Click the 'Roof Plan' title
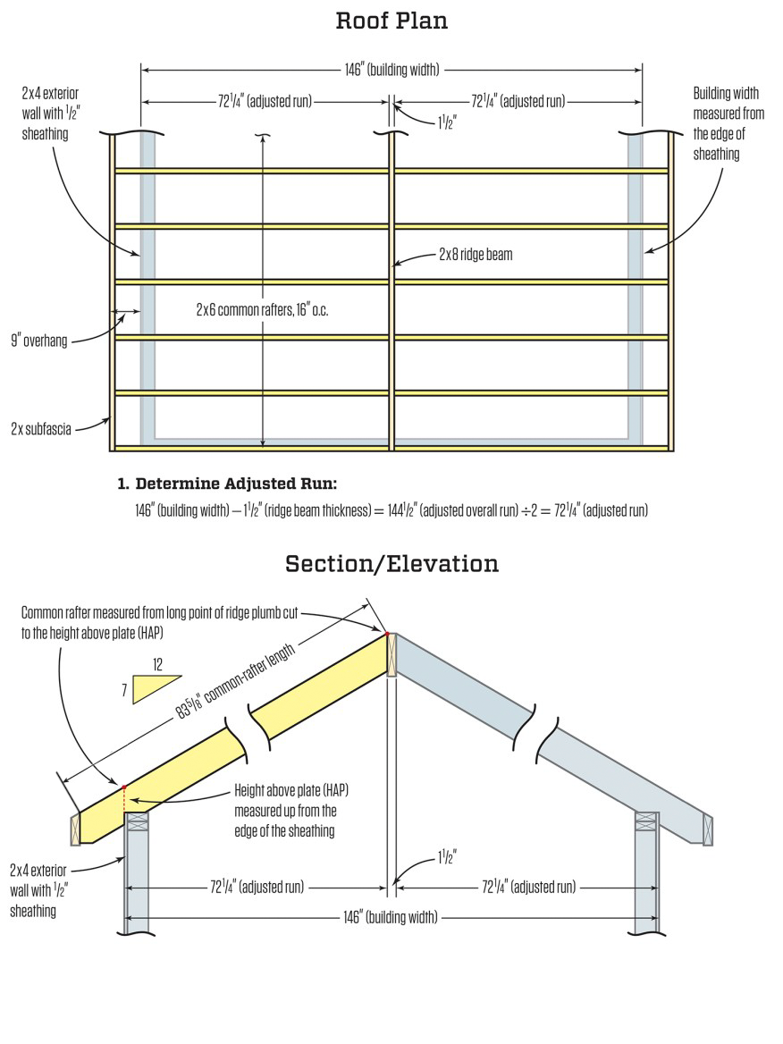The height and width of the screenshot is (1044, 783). [x=391, y=21]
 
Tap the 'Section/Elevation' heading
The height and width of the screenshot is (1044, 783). [x=391, y=564]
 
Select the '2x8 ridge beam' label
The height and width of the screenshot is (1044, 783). [x=475, y=255]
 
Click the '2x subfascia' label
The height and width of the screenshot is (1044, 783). [x=41, y=428]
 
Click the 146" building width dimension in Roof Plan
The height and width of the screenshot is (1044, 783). [x=391, y=69]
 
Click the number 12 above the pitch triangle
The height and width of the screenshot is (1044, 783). [x=158, y=665]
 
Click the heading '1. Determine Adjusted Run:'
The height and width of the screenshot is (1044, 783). [x=227, y=484]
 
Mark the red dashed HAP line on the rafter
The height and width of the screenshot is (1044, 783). [x=123, y=801]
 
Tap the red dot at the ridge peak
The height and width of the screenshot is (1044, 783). [x=387, y=634]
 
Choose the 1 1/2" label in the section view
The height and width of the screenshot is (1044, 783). [x=448, y=859]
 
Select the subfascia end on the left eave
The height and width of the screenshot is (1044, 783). [x=76, y=828]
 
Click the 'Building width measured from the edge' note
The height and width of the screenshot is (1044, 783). [x=728, y=123]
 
